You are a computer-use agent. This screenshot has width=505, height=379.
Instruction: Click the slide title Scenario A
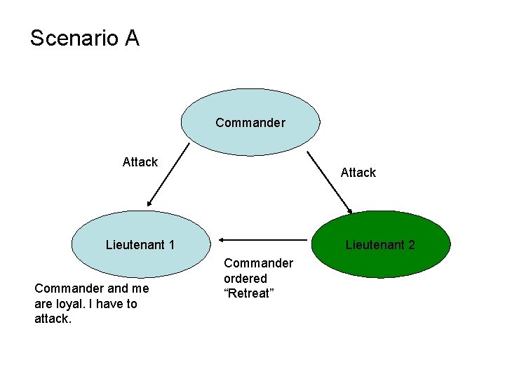pos(85,38)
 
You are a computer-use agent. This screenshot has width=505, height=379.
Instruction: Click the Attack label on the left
pos(140,162)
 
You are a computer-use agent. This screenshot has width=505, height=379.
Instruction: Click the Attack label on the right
pos(358,172)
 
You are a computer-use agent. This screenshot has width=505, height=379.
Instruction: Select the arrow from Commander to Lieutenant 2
pos(330,182)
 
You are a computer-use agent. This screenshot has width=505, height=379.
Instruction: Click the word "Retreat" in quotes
pos(248,293)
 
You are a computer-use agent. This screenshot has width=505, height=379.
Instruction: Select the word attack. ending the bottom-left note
pos(53,319)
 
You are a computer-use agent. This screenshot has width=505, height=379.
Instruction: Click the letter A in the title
pos(132,38)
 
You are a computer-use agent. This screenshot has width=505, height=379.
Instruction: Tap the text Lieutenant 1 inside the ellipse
pos(140,245)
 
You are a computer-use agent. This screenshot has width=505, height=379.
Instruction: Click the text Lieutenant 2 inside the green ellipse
pos(379,245)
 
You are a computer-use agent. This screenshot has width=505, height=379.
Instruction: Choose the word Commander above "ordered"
pos(258,263)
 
